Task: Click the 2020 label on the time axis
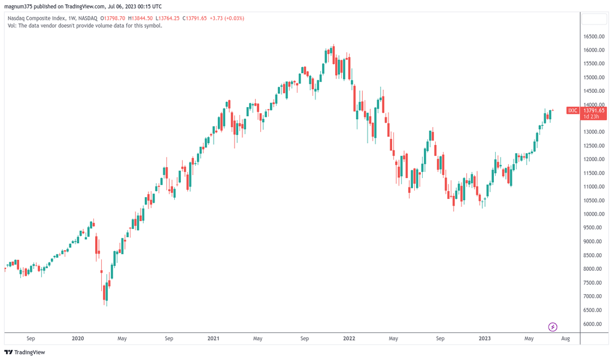pyautogui.click(x=78, y=339)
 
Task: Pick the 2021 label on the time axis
pyautogui.click(x=213, y=339)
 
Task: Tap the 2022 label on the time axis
pyautogui.click(x=349, y=339)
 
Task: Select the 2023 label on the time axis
pyautogui.click(x=484, y=339)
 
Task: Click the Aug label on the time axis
pyautogui.click(x=565, y=339)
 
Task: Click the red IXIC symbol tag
pyautogui.click(x=573, y=110)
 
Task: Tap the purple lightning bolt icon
pyautogui.click(x=553, y=327)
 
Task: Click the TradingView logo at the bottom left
pyautogui.click(x=25, y=352)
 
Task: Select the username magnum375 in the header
pyautogui.click(x=19, y=7)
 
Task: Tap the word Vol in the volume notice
pyautogui.click(x=11, y=26)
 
